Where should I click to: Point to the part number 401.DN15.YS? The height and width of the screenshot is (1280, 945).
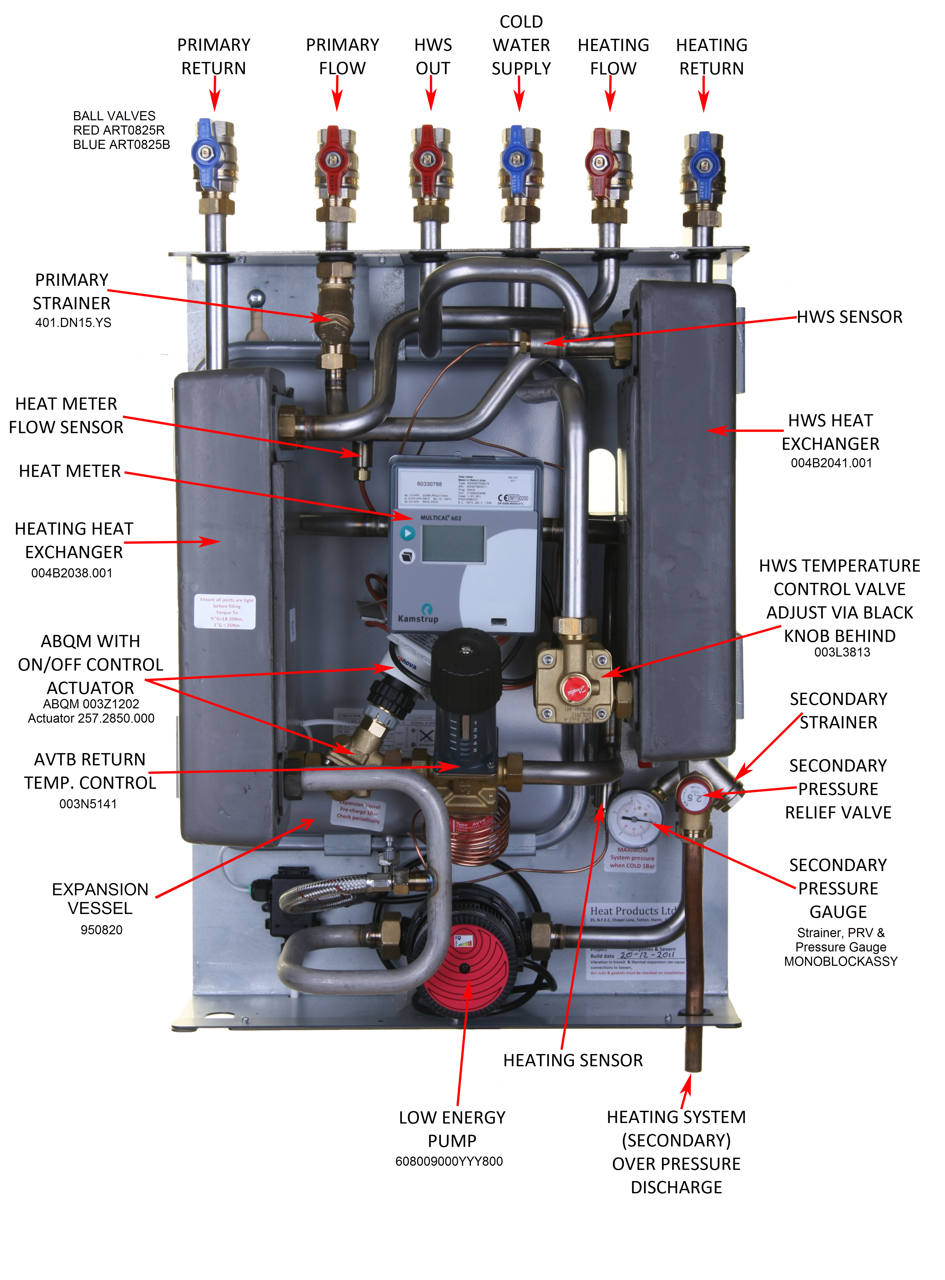click(x=73, y=323)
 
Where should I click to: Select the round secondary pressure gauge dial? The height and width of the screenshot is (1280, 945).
click(x=634, y=819)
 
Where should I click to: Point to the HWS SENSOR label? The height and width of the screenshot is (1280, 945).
click(x=850, y=317)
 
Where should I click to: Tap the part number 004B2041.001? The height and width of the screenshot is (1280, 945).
click(x=831, y=463)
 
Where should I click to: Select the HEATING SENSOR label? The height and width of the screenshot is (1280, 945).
click(x=573, y=1060)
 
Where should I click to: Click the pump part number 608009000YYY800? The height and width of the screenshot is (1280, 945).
click(x=449, y=1161)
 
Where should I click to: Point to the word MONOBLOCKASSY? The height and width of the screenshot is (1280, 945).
click(x=840, y=961)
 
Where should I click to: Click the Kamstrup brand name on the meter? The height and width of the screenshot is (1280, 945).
click(x=418, y=619)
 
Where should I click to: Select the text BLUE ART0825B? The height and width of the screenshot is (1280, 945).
click(x=121, y=145)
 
